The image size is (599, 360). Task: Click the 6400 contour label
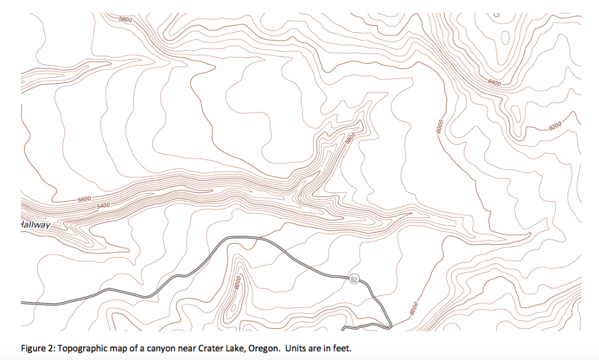[x=494, y=83]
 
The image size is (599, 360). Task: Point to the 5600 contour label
[x=84, y=200]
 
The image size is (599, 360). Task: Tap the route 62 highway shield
[x=354, y=279]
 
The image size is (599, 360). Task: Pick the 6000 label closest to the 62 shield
[x=414, y=307]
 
